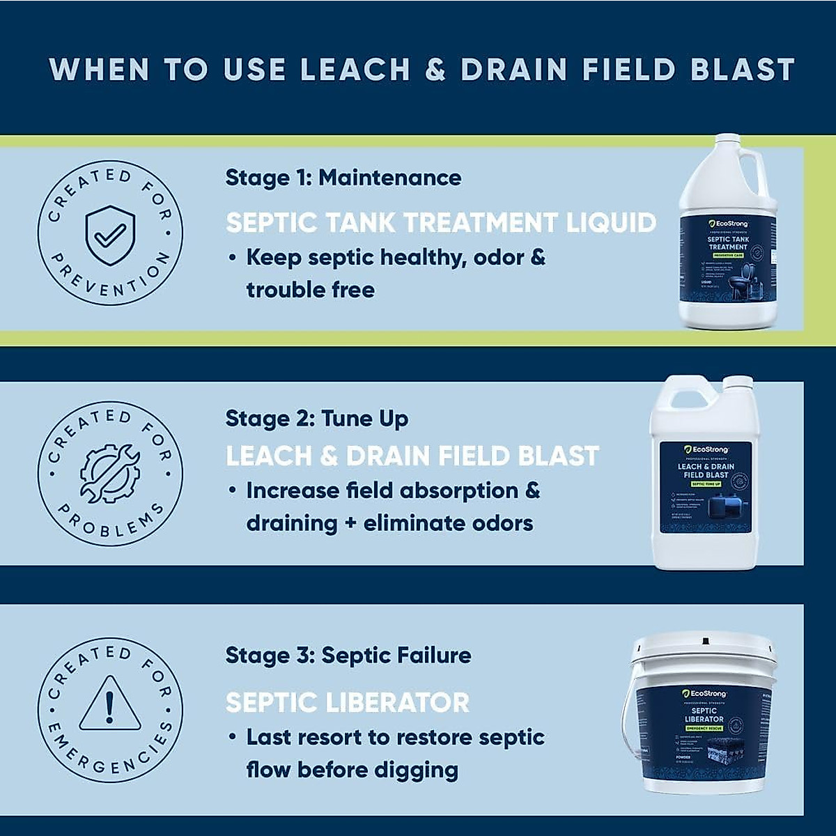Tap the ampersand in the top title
[435, 70]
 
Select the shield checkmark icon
[110, 235]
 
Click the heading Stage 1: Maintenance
[343, 178]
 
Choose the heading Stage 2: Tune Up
[316, 419]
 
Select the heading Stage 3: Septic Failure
[348, 656]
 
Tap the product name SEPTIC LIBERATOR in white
[347, 703]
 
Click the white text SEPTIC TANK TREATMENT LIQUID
[440, 223]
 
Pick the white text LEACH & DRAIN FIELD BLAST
[412, 456]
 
